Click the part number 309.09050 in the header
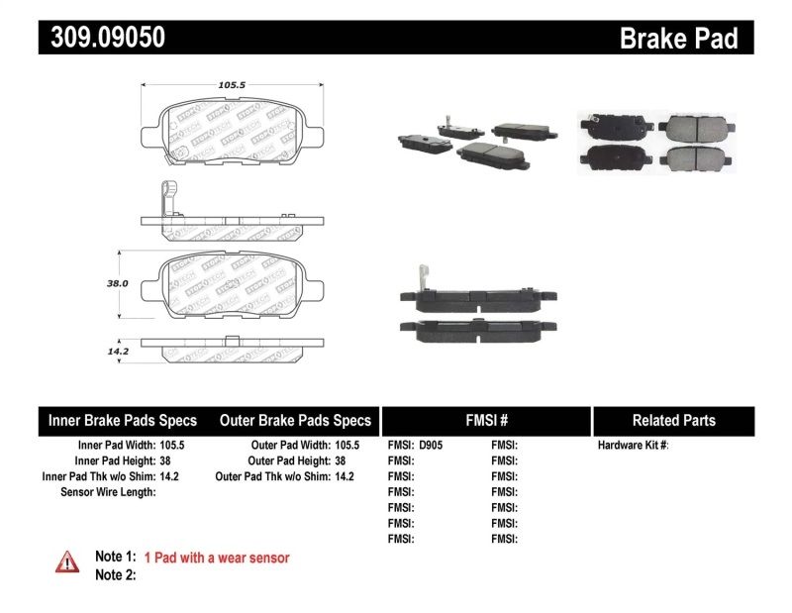tap(102, 38)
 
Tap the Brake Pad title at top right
tap(678, 39)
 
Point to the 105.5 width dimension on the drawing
tap(232, 85)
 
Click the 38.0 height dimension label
tap(117, 282)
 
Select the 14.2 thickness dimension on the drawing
tap(118, 350)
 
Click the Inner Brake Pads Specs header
tap(123, 420)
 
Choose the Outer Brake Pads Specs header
tap(295, 420)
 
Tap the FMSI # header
tap(485, 420)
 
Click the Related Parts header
tap(673, 420)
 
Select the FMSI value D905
tap(432, 446)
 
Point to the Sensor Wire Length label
tap(108, 492)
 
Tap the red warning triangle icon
tap(66, 562)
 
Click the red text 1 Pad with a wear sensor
tap(217, 558)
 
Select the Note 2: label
tap(115, 575)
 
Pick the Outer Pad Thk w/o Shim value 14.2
tap(345, 476)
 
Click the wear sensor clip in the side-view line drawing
tap(167, 198)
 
